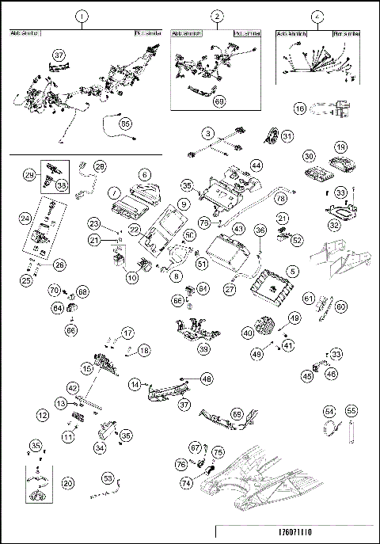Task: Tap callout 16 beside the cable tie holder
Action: [x=301, y=108]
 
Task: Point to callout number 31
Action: [x=287, y=136]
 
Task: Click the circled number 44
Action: [x=256, y=165]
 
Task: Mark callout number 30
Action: [x=309, y=156]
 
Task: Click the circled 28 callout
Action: [x=100, y=166]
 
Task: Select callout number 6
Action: [x=144, y=174]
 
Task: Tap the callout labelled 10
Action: [x=132, y=278]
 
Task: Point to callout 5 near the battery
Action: [x=293, y=271]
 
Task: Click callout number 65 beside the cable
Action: [x=125, y=124]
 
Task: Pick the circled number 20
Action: [x=68, y=482]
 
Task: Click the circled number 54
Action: [x=330, y=412]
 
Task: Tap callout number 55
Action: [x=351, y=412]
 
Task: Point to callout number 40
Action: [x=249, y=334]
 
